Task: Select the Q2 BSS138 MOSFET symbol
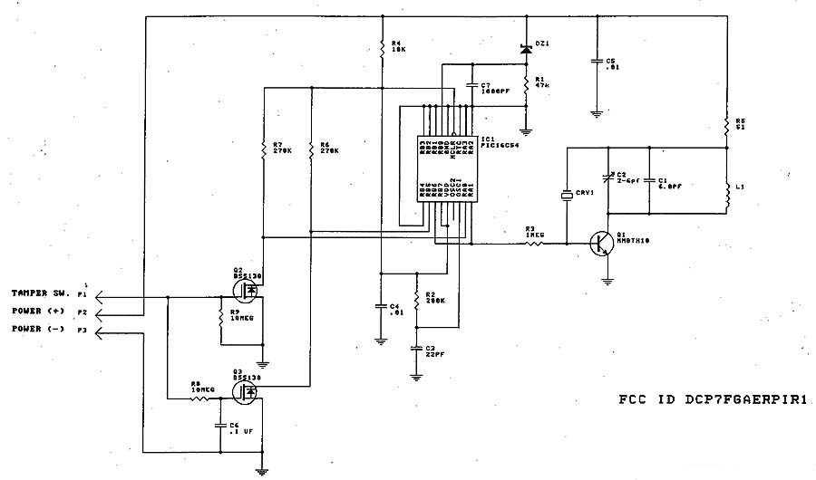pyautogui.click(x=248, y=290)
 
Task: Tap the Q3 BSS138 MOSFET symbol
pyautogui.click(x=248, y=390)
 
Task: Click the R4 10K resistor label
pyautogui.click(x=398, y=47)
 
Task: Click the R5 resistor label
pyautogui.click(x=741, y=123)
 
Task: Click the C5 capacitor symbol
pyautogui.click(x=597, y=62)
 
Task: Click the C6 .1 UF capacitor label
pyautogui.click(x=239, y=427)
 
